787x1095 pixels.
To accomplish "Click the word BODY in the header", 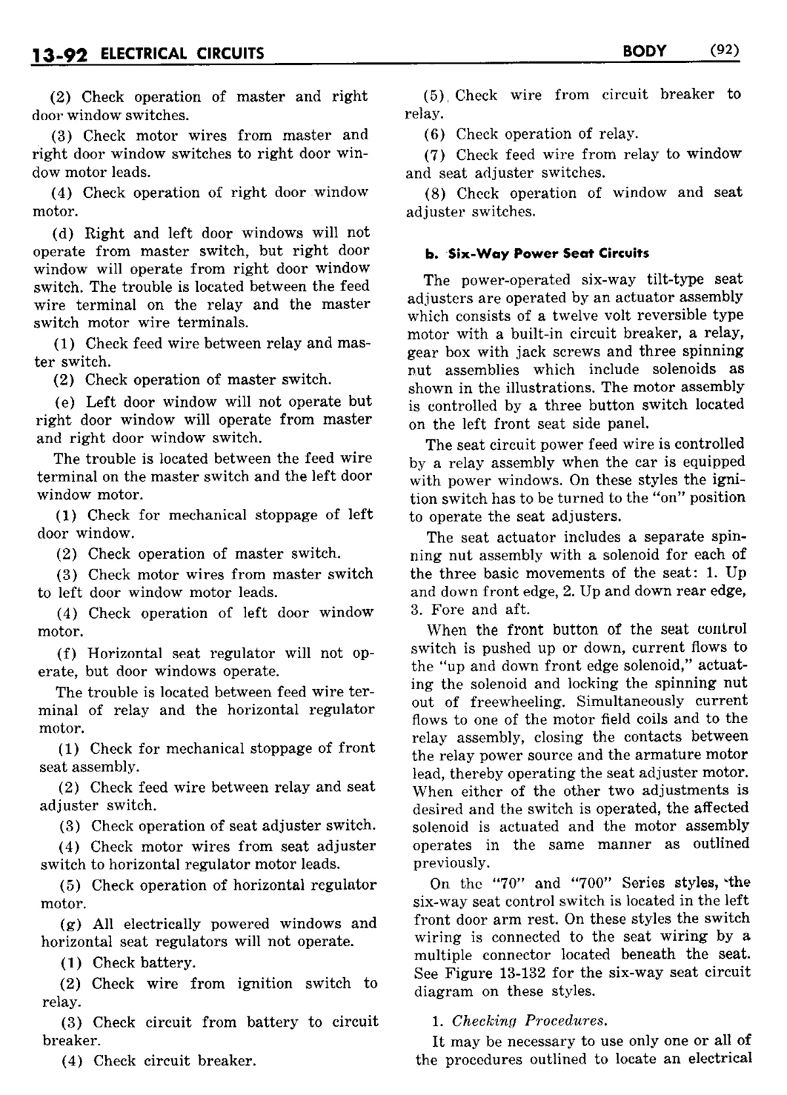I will tap(644, 51).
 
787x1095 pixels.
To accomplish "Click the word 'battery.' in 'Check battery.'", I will tap(168, 963).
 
